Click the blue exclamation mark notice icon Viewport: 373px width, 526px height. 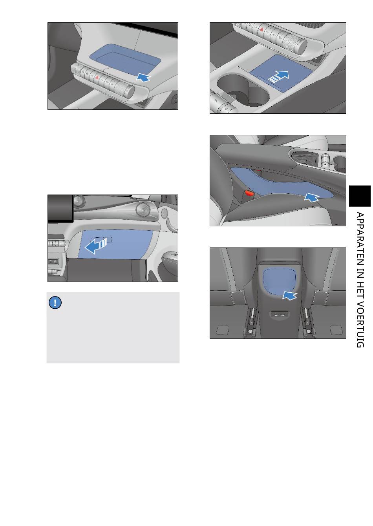click(55, 302)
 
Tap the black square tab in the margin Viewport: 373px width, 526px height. click(360, 196)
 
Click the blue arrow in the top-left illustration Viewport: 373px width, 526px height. click(143, 77)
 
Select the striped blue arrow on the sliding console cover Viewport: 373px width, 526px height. click(278, 77)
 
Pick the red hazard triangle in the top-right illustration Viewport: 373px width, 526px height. click(261, 29)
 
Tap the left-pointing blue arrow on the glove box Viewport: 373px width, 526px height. click(96, 246)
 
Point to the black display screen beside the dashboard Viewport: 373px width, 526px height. click(60, 208)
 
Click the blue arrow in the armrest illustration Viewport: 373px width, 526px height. click(311, 197)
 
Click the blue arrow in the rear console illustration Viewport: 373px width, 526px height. click(289, 295)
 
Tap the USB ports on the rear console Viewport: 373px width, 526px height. click(280, 314)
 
